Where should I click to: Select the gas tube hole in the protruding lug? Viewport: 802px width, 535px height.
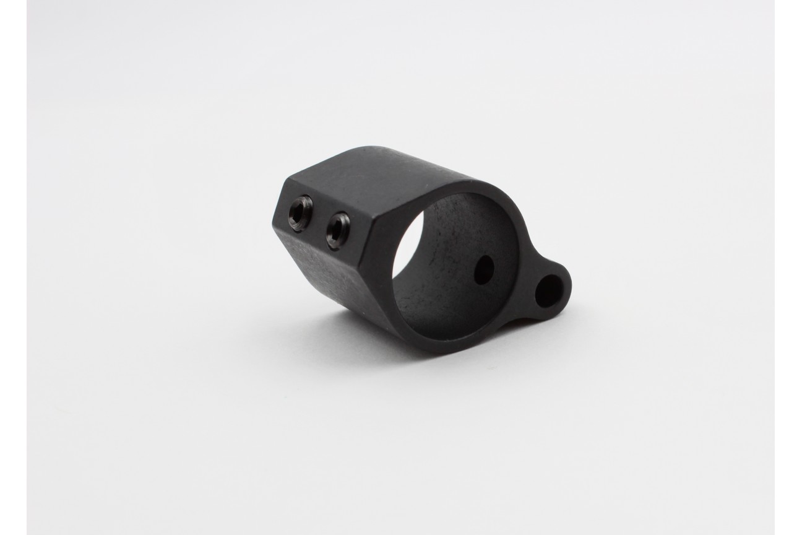click(x=549, y=290)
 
